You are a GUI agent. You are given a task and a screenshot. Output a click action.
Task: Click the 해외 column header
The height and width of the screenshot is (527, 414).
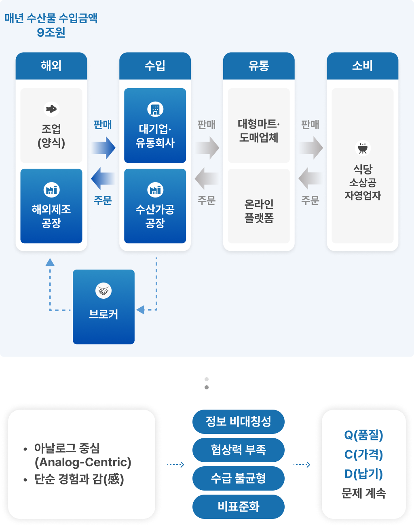51,66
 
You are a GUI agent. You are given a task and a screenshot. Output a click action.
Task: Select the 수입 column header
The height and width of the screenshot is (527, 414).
155,66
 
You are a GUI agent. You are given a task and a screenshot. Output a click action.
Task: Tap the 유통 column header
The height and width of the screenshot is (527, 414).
259,66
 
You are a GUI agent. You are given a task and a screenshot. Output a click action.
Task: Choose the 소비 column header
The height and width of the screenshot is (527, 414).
362,66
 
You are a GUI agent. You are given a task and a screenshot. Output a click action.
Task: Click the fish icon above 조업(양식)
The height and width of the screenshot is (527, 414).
51,109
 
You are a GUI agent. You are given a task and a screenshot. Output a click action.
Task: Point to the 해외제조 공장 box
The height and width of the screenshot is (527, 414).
51,206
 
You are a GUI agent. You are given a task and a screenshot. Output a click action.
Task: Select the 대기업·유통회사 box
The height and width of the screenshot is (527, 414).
155,125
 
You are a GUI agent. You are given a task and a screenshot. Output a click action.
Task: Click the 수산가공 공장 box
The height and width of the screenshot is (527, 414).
155,206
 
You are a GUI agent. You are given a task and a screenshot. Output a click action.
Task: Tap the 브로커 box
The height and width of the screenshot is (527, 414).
103,307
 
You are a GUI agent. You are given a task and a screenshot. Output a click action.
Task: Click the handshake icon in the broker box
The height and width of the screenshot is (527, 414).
103,291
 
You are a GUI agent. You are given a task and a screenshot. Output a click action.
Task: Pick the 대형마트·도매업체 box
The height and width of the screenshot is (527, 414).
259,125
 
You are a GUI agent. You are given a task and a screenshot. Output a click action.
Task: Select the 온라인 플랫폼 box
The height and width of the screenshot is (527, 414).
259,206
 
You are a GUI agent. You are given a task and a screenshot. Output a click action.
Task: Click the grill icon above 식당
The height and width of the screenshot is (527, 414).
363,148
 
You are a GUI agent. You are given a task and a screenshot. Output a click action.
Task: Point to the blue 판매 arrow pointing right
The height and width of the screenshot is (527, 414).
103,148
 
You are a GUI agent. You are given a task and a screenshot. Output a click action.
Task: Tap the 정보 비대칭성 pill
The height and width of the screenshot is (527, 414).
239,421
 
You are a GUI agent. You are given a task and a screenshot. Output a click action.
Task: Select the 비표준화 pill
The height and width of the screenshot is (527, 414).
239,506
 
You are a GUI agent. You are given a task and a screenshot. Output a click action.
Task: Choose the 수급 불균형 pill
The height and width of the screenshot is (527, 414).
239,478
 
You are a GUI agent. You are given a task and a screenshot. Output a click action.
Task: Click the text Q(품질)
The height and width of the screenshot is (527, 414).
363,435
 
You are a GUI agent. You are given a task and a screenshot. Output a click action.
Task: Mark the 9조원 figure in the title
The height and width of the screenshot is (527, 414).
51,32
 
